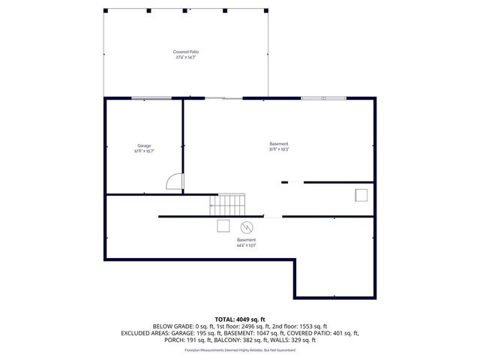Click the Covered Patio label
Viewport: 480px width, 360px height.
point(187,52)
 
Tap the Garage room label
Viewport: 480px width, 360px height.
point(144,145)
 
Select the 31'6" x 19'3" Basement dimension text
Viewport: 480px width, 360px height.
point(279,149)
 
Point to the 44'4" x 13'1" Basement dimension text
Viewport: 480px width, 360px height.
point(247,244)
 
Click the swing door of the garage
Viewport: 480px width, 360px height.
point(173,181)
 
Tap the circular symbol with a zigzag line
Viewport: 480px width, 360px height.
point(246,226)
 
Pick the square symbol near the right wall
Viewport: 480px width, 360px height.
point(361,195)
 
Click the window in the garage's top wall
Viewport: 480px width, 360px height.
point(151,98)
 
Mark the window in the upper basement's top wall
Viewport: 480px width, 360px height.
point(323,98)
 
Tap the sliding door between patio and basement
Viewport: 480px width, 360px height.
point(224,98)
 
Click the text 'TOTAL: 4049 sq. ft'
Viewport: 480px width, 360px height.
point(240,319)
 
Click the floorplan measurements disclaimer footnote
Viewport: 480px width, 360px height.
point(240,349)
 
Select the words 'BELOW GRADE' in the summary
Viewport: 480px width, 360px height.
point(171,326)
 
